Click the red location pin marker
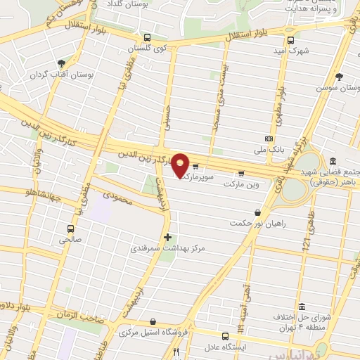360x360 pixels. [x=181, y=165]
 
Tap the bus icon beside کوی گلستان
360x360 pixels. [x=146, y=38]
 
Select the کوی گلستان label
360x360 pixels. [x=143, y=49]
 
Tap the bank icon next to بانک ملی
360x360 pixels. [x=269, y=139]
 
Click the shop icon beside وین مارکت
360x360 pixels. [x=241, y=172]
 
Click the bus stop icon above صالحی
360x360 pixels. [x=70, y=229]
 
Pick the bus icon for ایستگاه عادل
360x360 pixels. [x=225, y=336]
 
